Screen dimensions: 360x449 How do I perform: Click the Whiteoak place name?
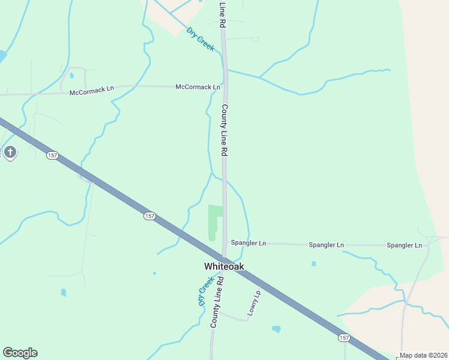(224, 266)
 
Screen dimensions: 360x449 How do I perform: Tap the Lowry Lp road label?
(255, 304)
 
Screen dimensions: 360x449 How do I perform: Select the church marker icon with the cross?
(10, 152)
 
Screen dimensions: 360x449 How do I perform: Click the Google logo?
(20, 353)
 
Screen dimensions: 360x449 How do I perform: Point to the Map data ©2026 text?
(424, 355)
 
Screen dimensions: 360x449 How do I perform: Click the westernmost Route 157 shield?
(53, 155)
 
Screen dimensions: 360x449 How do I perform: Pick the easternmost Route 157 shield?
(343, 338)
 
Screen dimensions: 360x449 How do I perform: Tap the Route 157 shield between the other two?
(149, 215)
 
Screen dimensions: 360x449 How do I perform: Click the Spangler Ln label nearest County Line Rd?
(249, 244)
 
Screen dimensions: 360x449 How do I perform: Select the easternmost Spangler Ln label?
(405, 245)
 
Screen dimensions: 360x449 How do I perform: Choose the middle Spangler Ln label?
(326, 245)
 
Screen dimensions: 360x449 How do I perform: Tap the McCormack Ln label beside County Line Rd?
(197, 87)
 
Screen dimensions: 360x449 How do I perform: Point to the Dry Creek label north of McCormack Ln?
(200, 39)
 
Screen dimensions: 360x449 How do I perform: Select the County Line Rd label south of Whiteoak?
(217, 302)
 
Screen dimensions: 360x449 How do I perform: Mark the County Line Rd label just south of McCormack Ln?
(225, 130)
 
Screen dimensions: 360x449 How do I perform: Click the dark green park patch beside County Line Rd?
(214, 220)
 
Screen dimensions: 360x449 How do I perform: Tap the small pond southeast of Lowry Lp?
(276, 329)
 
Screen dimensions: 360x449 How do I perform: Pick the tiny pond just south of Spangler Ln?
(313, 263)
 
